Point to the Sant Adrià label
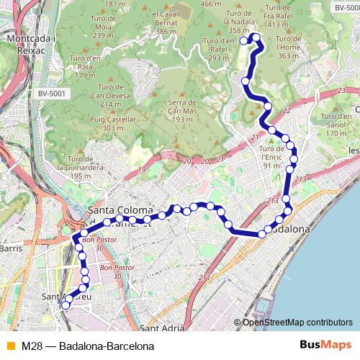[x=162, y=328]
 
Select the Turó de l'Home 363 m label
[x=288, y=51]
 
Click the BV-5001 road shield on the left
[x=51, y=93]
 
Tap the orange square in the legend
[x=9, y=346]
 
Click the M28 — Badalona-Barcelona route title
[x=88, y=346]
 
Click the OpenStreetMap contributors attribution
[x=297, y=323]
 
